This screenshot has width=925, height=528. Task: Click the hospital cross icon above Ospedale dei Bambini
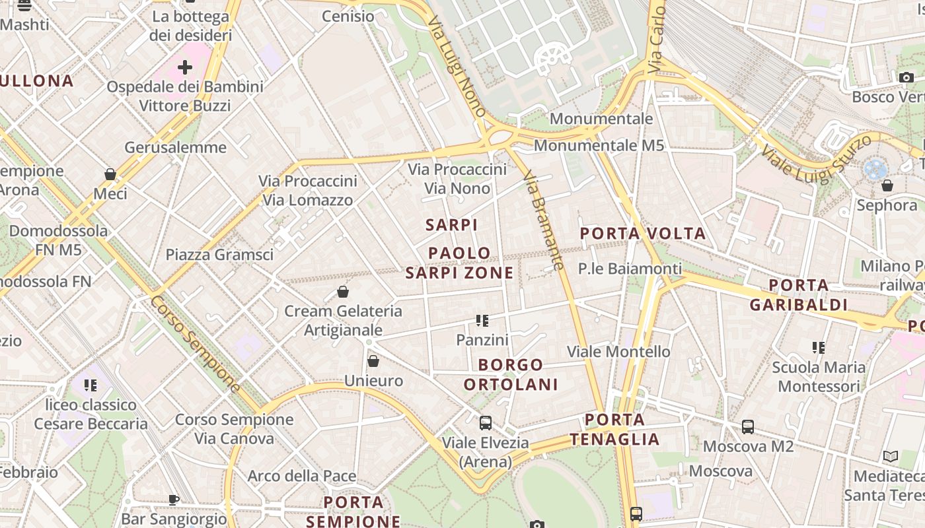pyautogui.click(x=185, y=67)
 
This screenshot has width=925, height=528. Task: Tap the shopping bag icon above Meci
pyautogui.click(x=110, y=174)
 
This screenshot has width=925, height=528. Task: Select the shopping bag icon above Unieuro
pyautogui.click(x=373, y=361)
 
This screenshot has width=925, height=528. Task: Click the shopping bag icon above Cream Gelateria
pyautogui.click(x=343, y=292)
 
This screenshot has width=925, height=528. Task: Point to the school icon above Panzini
pyautogui.click(x=482, y=321)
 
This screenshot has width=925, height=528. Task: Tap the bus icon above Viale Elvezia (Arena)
pyautogui.click(x=486, y=423)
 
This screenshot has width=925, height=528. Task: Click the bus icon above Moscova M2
pyautogui.click(x=748, y=427)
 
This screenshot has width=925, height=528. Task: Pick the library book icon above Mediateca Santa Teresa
pyautogui.click(x=891, y=456)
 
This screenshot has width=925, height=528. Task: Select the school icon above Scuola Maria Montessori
pyautogui.click(x=819, y=348)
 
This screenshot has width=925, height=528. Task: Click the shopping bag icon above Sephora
pyautogui.click(x=887, y=185)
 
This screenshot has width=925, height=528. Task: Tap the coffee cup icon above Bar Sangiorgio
pyautogui.click(x=174, y=500)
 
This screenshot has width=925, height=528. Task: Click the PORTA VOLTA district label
pyautogui.click(x=643, y=234)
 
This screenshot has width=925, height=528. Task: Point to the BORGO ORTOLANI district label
pyautogui.click(x=511, y=374)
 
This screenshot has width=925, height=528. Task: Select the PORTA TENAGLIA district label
pyautogui.click(x=614, y=430)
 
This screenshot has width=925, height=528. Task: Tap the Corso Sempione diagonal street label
pyautogui.click(x=196, y=343)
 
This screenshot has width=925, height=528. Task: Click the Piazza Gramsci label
pyautogui.click(x=219, y=255)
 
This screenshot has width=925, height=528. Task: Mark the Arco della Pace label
pyautogui.click(x=302, y=476)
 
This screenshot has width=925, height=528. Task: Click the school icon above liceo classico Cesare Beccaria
pyautogui.click(x=91, y=385)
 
